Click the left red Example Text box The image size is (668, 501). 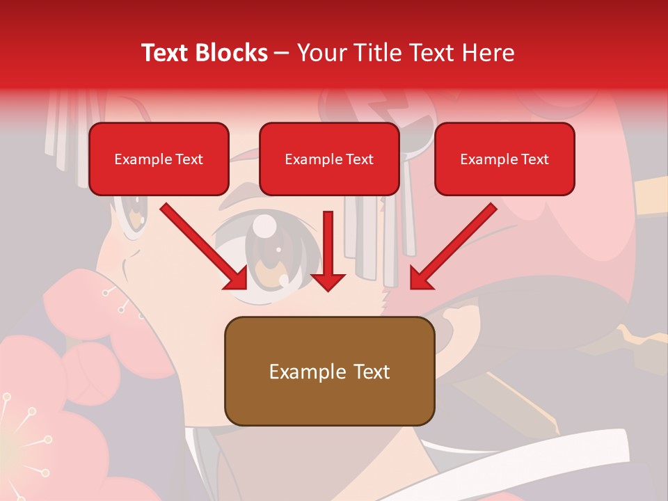pyautogui.click(x=159, y=159)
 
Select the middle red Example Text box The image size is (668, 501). pyautogui.click(x=329, y=159)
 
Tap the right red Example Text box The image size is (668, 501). pyautogui.click(x=504, y=159)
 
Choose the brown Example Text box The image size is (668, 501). pyautogui.click(x=329, y=372)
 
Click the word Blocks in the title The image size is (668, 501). pyautogui.click(x=232, y=53)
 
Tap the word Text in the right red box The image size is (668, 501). pyautogui.click(x=534, y=159)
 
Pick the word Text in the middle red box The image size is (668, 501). pyautogui.click(x=359, y=159)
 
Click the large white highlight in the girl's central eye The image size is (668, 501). pyautogui.click(x=265, y=225)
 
